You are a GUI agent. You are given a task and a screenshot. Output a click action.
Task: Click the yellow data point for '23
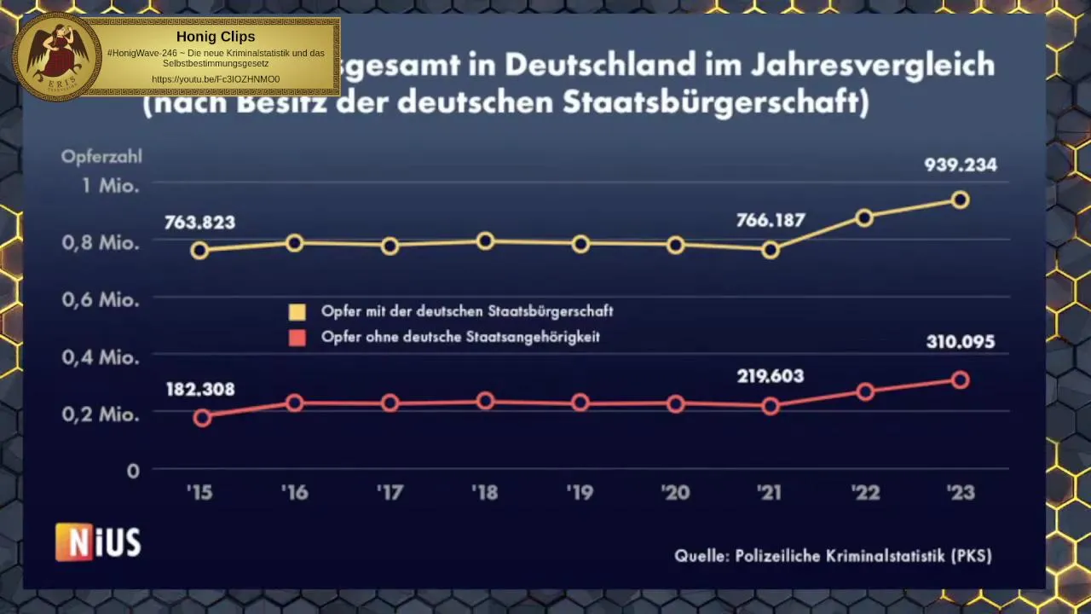960,200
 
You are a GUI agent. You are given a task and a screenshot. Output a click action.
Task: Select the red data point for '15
202,417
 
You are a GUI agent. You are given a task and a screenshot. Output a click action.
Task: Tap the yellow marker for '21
771,250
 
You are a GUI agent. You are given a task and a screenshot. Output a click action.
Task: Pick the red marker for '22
865,392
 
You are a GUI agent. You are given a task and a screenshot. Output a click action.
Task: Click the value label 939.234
960,165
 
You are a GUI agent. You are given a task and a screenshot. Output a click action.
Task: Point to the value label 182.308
200,389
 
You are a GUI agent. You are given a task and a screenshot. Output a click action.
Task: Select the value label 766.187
771,220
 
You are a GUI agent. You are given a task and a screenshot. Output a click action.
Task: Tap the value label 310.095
960,342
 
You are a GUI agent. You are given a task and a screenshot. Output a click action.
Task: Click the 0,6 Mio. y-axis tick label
100,300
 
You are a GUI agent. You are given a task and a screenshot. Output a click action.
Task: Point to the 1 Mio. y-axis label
110,185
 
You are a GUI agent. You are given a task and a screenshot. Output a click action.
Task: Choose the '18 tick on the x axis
485,492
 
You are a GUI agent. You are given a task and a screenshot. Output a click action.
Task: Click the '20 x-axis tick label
675,492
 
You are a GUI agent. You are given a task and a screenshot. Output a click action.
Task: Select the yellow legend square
297,312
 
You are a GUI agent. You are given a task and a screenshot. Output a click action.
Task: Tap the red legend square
297,338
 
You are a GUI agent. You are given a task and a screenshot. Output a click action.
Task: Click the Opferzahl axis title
101,157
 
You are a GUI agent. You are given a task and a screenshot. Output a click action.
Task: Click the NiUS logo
98,542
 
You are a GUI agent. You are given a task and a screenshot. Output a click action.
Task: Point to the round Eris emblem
58,56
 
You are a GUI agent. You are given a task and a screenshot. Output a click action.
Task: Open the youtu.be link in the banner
216,79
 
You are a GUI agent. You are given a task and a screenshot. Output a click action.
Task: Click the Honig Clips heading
216,37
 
